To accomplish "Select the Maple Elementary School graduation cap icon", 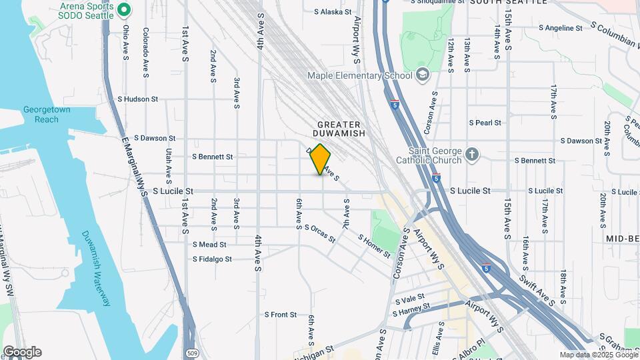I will (422, 75).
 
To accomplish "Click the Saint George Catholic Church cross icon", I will (472, 155).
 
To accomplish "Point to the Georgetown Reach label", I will (41, 115).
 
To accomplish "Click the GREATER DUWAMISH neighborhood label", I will (339, 129).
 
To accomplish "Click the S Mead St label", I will (209, 245).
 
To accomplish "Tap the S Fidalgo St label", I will (212, 259).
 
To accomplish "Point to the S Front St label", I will (280, 314).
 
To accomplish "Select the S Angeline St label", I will (559, 28).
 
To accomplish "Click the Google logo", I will (22, 352).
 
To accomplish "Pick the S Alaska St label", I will (331, 11).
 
